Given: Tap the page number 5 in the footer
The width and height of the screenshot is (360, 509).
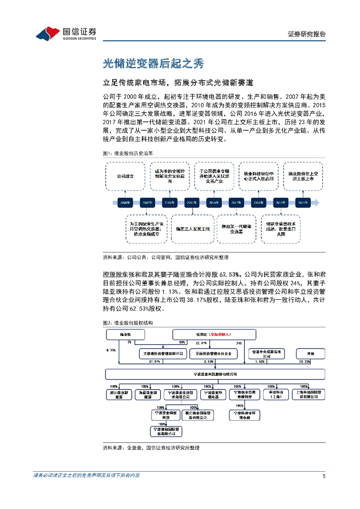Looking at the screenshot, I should coord(324,476).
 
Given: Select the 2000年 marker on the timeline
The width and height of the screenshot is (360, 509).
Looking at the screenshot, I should coord(125,203).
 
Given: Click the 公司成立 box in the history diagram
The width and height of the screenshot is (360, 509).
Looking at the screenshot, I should coord(125,176).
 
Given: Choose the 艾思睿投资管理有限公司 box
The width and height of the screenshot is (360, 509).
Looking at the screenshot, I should coord(161,353).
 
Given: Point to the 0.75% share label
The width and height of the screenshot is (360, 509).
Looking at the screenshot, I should coord(111,350).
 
